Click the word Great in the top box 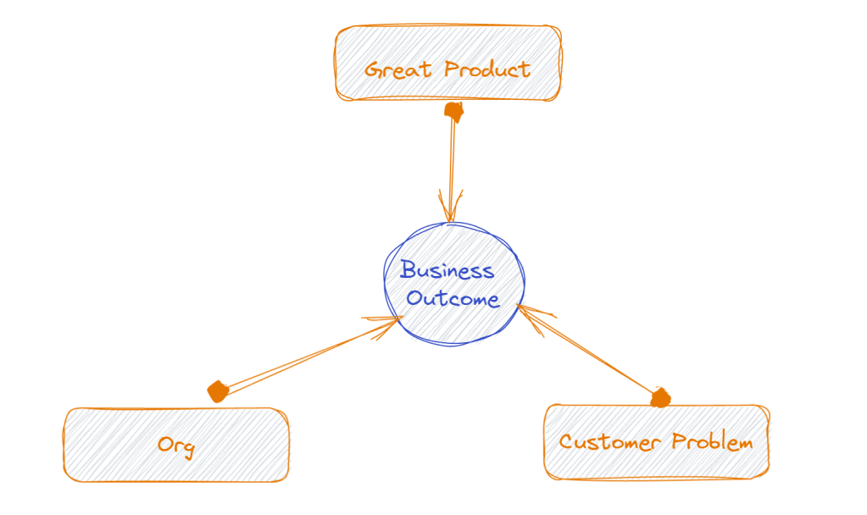[x=397, y=69]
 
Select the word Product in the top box [x=487, y=69]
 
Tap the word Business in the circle [x=447, y=271]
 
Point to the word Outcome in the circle [x=453, y=299]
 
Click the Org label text [x=175, y=446]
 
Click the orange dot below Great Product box [x=454, y=111]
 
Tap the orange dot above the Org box [x=218, y=391]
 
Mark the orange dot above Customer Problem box [x=660, y=397]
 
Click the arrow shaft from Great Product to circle [x=452, y=165]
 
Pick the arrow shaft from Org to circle [x=305, y=357]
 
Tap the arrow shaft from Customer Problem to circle [x=593, y=356]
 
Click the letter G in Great [x=373, y=69]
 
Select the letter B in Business [x=408, y=271]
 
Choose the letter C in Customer [x=566, y=442]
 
